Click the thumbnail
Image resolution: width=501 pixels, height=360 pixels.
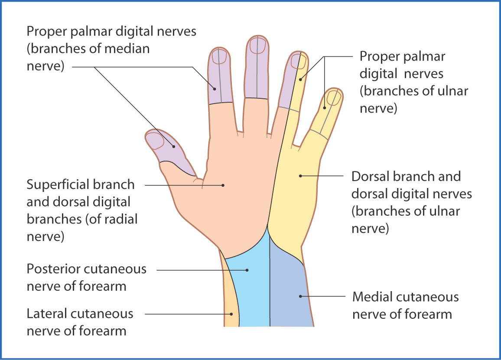click(154, 140)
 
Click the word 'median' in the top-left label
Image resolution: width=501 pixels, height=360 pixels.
click(127, 49)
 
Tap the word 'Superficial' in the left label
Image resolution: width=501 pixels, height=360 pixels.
click(59, 185)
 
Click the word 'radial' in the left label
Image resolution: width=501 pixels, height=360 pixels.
click(117, 219)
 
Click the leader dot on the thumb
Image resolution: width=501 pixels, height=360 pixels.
click(174, 146)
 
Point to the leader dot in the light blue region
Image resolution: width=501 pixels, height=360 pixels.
click(247, 270)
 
